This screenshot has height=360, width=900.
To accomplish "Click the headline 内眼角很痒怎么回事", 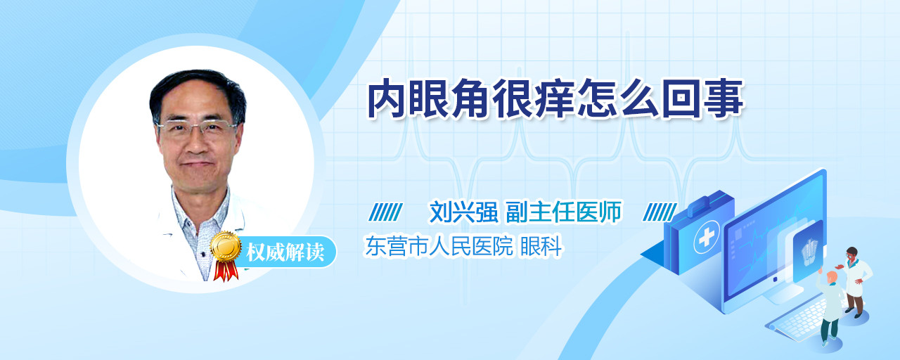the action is pos(556,99).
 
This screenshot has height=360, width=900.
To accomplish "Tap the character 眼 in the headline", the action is pos(430,99).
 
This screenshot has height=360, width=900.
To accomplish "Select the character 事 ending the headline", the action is pos(724,99).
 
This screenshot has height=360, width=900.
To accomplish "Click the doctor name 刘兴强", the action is pos(463,212).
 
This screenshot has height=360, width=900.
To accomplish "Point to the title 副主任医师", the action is pos(564,212).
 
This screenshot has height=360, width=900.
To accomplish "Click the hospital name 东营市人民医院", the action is pos(439,246).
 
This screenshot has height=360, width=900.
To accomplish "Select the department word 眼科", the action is pos(541,246).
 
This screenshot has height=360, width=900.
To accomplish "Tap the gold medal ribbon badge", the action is pos(226,255).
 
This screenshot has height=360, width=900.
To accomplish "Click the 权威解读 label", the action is pos(285,252).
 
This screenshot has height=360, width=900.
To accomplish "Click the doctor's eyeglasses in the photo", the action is pos(197,128).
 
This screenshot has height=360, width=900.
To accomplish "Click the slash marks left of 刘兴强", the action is pos(385,212).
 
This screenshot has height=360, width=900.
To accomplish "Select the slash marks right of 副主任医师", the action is pos(660,212).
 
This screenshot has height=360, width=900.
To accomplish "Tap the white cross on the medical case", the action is pos(707,238).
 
